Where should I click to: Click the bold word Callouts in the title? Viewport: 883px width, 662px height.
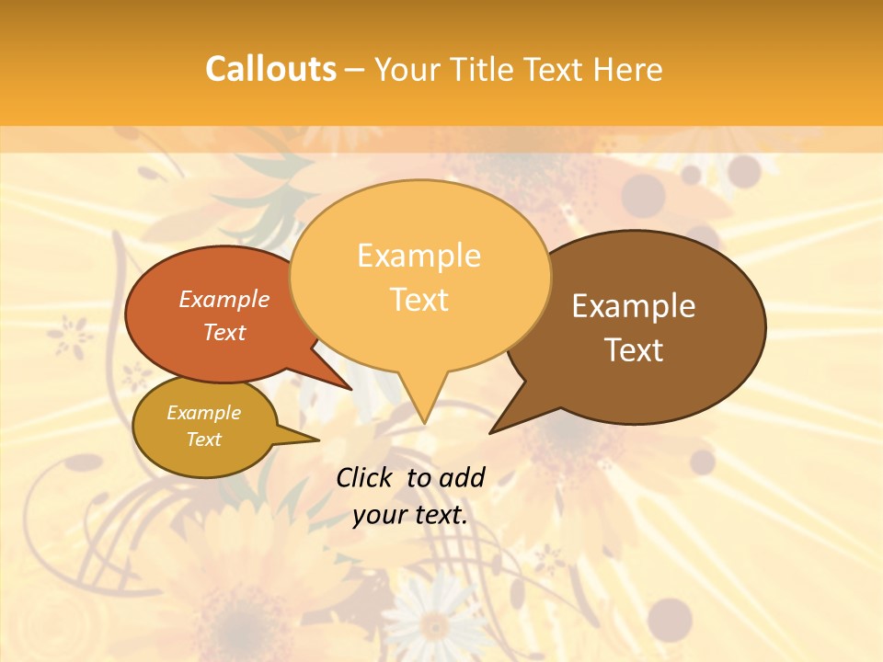coord(270,70)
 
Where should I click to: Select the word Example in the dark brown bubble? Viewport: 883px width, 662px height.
coord(634,306)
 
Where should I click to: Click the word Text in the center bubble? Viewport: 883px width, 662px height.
coord(419,300)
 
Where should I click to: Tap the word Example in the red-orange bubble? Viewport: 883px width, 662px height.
coord(224,300)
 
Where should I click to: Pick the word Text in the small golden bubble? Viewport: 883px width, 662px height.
coord(204,439)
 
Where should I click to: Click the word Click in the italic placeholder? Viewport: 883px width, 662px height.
coord(365,477)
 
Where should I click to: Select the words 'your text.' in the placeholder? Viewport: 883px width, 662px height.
coord(410,515)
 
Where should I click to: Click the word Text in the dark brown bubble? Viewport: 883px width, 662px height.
coord(635,350)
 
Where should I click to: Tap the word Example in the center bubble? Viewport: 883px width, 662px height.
coord(419,256)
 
